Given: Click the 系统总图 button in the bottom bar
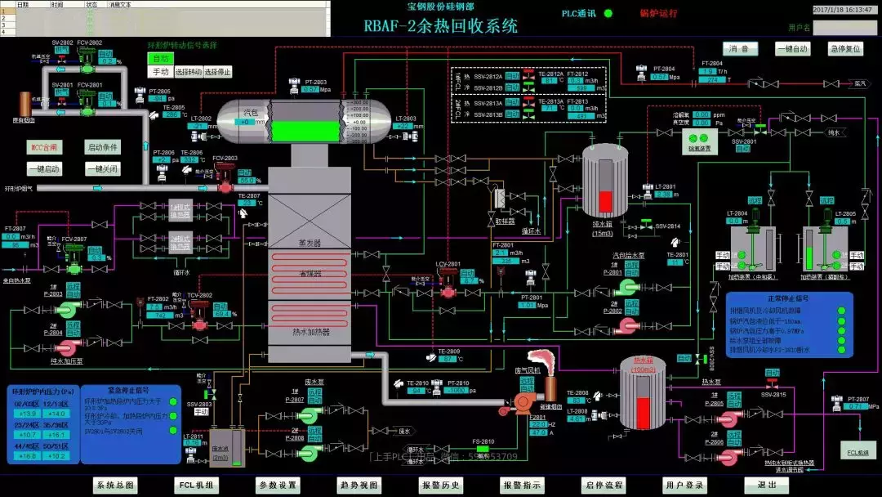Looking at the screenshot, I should [114, 485].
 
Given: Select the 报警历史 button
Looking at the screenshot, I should [441, 485].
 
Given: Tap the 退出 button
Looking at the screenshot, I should [767, 485].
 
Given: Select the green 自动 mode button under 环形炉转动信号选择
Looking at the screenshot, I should [161, 59].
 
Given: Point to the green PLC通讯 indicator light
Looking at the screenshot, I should [608, 14].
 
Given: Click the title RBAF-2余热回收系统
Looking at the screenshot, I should [441, 26].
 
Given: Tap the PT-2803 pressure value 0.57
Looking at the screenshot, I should [310, 90].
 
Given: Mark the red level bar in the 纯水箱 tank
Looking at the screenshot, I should [605, 200].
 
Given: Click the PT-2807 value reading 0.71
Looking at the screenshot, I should [856, 406].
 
